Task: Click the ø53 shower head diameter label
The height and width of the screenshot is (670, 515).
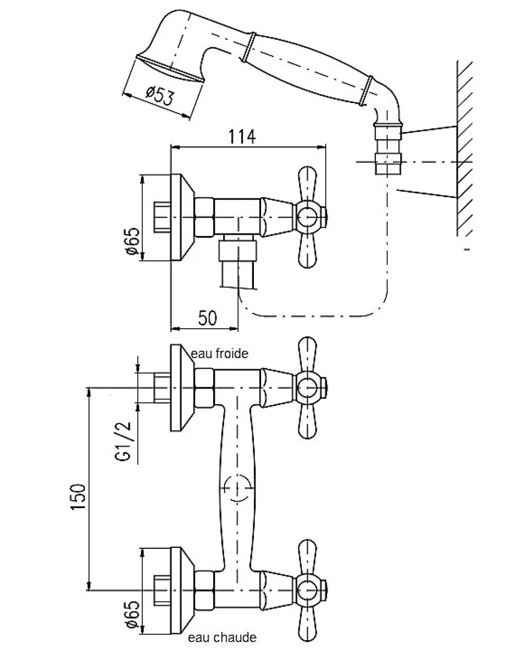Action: (160, 95)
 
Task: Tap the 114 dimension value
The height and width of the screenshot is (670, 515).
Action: (242, 137)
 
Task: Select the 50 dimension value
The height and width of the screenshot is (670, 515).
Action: (208, 318)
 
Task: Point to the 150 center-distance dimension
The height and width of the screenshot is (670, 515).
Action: (78, 497)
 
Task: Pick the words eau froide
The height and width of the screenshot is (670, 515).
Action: (219, 354)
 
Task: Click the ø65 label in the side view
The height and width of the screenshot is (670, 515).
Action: (132, 241)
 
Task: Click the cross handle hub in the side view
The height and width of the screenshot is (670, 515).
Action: (307, 217)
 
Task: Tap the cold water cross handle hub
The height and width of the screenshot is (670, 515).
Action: (307, 388)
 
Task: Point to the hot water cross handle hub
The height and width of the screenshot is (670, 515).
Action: (307, 590)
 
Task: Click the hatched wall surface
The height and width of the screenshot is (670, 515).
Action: (465, 148)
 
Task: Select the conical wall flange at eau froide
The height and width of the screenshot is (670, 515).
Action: (182, 388)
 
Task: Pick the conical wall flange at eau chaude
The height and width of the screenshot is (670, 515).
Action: (182, 590)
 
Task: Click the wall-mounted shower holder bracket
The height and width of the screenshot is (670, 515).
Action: (388, 148)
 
